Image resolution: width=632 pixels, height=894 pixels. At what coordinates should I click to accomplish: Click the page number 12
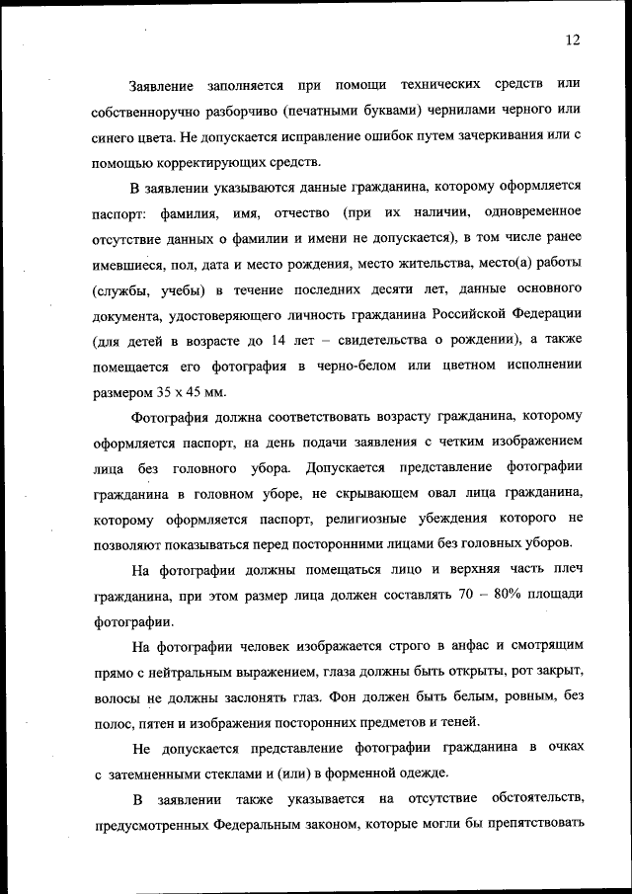point(573,40)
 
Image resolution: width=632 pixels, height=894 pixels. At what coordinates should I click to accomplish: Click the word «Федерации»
point(537,315)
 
